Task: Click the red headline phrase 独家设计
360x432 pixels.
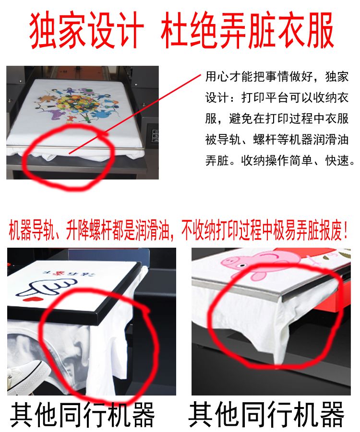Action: coord(87,30)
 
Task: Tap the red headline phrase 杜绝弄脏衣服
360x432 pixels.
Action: coord(247,30)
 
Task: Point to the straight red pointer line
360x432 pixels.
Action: coord(135,114)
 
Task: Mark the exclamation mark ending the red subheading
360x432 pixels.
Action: coord(346,230)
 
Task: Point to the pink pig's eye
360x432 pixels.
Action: coord(242,265)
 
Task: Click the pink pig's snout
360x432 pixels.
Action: coord(229,262)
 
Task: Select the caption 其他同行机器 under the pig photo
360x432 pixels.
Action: coord(266,414)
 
